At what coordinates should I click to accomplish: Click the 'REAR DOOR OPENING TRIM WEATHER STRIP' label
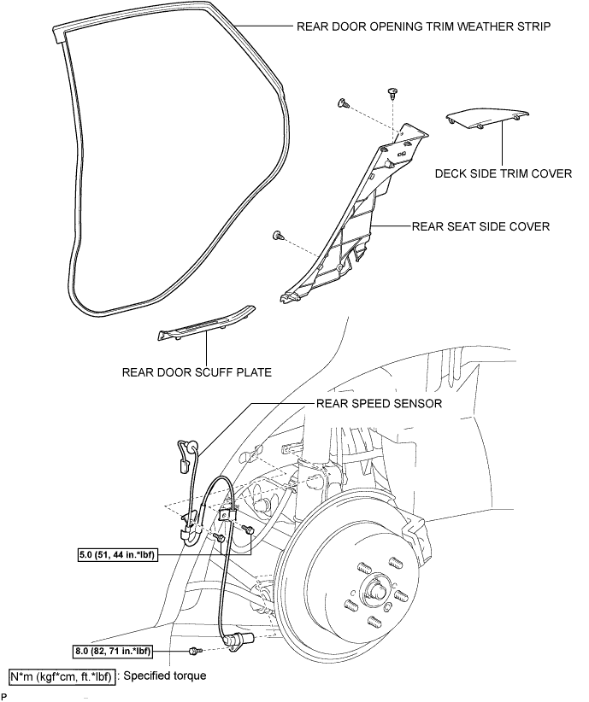coord(423,26)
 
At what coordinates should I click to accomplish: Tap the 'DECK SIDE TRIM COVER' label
coord(504,173)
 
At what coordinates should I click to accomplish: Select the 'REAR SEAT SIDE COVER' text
coord(480,226)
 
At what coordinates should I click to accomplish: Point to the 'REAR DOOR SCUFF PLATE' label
coord(197,372)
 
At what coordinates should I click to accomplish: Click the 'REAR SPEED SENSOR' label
coord(379,403)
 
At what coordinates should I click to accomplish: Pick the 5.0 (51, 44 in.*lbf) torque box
coord(118,555)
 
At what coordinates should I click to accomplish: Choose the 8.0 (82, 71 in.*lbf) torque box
coord(112,651)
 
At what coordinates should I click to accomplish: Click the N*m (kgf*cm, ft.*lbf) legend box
coord(62,676)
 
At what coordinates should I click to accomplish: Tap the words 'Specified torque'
coord(164,676)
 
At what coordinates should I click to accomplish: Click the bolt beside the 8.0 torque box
coord(196,650)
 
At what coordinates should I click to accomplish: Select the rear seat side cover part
coord(354,215)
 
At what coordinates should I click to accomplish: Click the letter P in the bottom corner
coord(4,697)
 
